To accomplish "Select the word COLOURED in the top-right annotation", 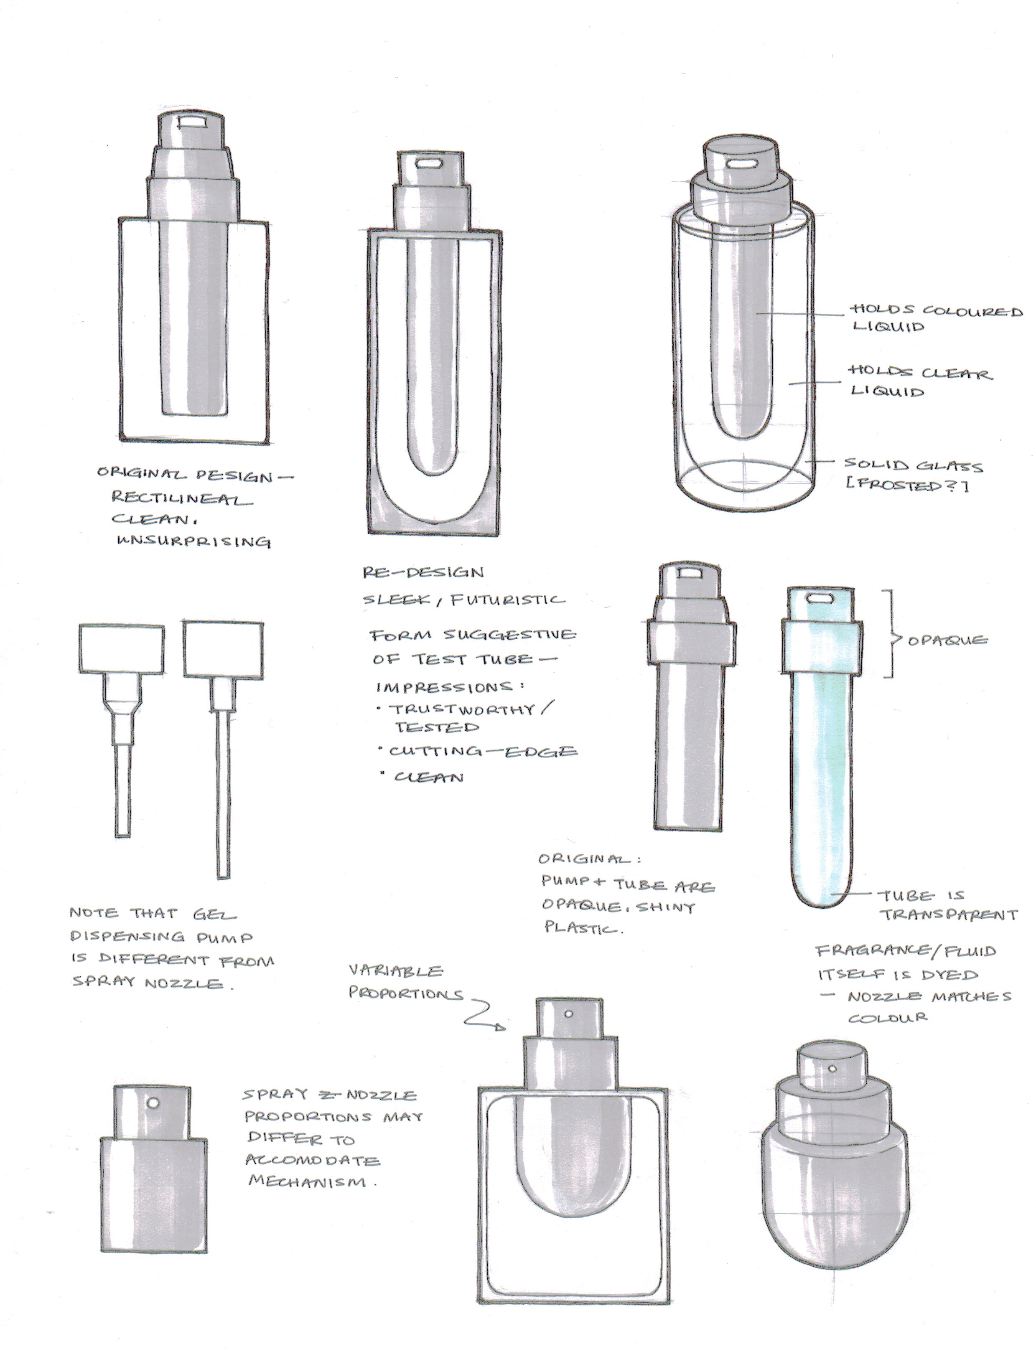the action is (x=972, y=311).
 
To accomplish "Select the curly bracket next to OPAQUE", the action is (x=891, y=634).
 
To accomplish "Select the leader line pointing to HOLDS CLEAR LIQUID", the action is (x=815, y=382).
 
